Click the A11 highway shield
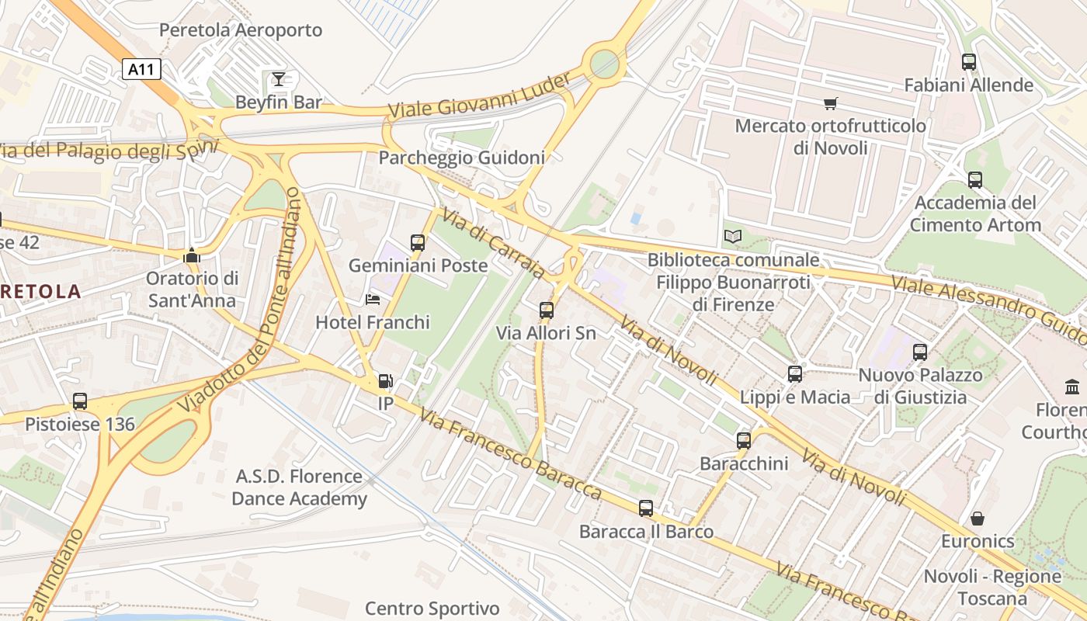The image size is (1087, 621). point(141,69)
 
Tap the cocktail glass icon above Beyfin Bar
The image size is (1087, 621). point(278,78)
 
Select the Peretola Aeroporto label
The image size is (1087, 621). point(241,30)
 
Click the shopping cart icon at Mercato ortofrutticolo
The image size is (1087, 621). point(830,103)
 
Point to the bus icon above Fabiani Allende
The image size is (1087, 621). point(968,62)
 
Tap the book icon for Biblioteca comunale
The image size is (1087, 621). point(732,236)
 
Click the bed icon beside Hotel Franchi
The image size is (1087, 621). point(373,300)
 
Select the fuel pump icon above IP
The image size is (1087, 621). point(385,381)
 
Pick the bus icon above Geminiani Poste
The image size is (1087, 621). point(418,243)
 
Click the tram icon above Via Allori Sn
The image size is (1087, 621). point(546,310)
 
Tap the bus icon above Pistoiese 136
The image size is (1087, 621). point(80,401)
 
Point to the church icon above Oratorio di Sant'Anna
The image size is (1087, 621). point(191,255)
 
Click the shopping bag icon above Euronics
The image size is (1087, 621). point(978,518)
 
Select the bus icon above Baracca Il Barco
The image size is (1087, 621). point(646,508)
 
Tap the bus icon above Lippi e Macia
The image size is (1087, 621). point(794,374)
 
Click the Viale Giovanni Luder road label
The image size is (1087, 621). point(479,96)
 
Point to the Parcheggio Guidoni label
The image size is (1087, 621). point(461,158)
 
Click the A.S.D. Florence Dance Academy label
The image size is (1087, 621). point(299,487)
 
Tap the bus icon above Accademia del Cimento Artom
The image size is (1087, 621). point(975,180)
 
